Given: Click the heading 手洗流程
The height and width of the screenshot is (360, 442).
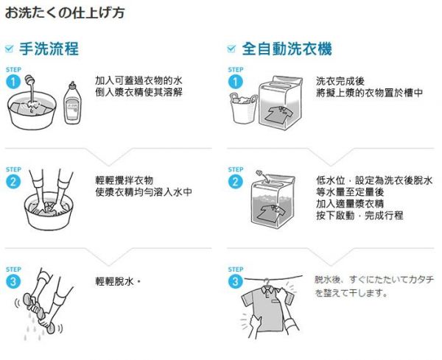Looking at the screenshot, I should [49, 49].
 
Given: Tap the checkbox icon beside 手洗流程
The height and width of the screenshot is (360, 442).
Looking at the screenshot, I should [10, 49].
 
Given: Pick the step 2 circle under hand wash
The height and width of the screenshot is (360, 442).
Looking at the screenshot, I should [13, 182].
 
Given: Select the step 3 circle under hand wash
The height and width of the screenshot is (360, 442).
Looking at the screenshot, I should [13, 281].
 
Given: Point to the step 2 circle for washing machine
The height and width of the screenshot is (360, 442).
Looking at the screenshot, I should [236, 182].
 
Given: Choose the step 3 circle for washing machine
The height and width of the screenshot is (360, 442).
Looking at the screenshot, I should [236, 281].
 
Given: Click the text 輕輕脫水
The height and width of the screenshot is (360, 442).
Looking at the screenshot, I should [117, 282].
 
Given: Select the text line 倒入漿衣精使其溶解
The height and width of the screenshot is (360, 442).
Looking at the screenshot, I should [138, 92].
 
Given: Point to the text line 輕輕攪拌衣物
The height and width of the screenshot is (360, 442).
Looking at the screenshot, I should [124, 180].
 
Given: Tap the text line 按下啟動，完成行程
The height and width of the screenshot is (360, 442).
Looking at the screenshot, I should [359, 216].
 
